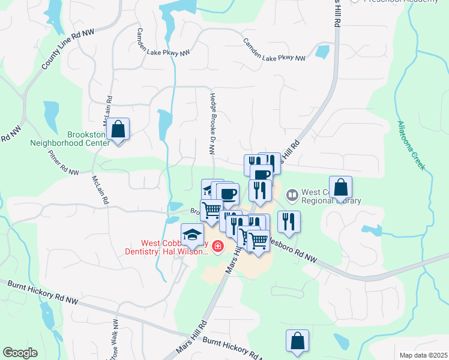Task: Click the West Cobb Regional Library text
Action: (x=330, y=196)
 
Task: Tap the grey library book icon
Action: (x=292, y=194)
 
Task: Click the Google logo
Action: (x=20, y=352)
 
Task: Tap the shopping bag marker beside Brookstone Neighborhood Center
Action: (x=119, y=129)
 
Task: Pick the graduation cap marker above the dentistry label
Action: (x=193, y=234)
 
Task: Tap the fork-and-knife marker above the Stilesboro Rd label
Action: (x=289, y=221)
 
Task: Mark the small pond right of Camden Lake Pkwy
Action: (x=322, y=52)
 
